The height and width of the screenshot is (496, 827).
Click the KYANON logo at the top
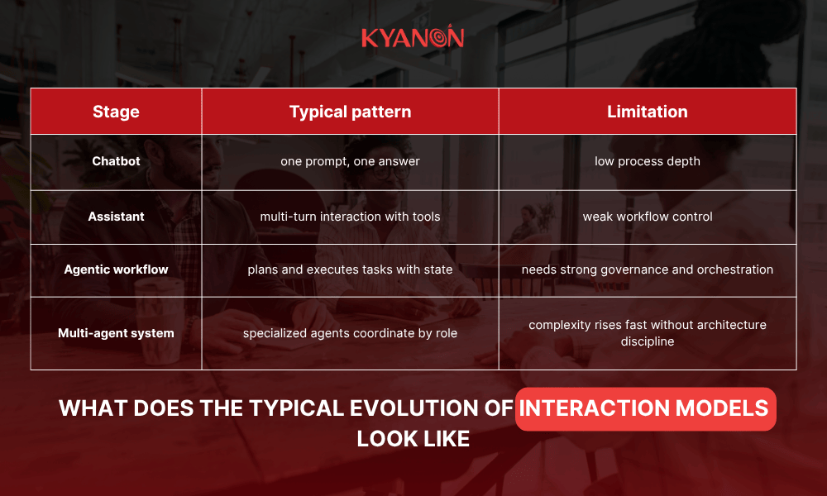pos(413,38)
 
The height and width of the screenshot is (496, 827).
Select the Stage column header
pos(116,112)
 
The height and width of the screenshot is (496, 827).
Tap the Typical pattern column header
pos(350,112)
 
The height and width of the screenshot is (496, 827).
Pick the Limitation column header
pos(647,112)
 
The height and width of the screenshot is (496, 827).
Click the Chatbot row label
pos(116,161)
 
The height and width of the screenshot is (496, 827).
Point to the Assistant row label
pos(116,217)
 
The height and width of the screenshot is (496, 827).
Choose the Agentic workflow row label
pos(116,269)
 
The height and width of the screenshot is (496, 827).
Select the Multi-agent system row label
pos(116,333)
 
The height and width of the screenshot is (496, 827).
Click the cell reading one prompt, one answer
pos(350,161)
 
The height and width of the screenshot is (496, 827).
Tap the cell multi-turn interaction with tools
pos(350,217)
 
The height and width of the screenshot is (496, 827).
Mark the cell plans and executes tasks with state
pos(350,269)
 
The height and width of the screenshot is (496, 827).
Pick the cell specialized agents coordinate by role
pos(350,334)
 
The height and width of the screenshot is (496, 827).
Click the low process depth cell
pos(647,161)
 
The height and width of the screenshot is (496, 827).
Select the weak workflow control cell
pos(647,217)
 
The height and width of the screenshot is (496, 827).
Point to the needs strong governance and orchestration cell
pos(647,269)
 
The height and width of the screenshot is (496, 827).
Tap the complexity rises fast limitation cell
pos(647,333)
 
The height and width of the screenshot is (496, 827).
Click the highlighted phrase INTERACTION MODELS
pos(645,408)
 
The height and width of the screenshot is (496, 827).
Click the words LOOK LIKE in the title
pos(413,438)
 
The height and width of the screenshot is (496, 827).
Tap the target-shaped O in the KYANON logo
pos(440,38)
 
